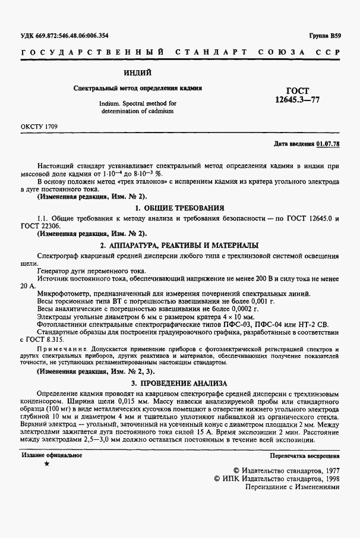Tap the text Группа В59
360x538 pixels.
click(324, 36)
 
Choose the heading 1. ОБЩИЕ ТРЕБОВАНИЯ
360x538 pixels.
click(179, 208)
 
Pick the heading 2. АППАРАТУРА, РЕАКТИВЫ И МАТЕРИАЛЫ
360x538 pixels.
click(179, 246)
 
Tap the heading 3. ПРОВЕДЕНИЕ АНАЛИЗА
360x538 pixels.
click(179, 383)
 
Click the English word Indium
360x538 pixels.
click(110, 103)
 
